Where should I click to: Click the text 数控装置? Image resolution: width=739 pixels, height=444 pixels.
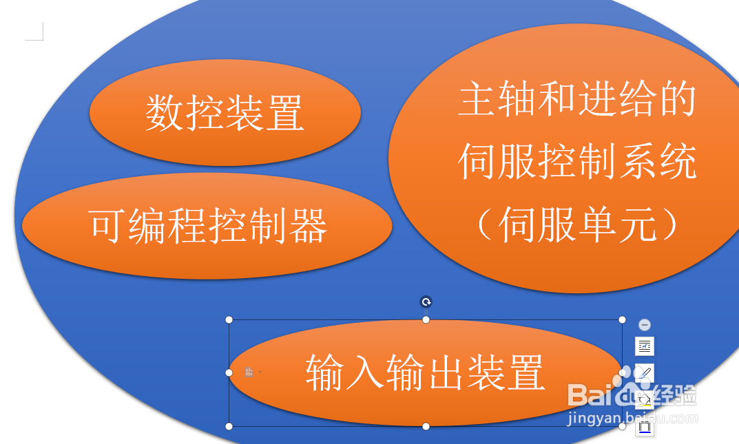click(225, 112)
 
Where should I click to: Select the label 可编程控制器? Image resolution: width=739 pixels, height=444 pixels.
click(207, 226)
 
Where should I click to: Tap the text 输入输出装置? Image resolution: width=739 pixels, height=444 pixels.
click(426, 372)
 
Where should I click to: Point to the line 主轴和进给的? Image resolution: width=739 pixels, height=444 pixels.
click(577, 98)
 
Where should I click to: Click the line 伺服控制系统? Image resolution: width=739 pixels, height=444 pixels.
click(577, 161)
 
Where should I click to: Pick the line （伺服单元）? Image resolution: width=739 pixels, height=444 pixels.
click(577, 224)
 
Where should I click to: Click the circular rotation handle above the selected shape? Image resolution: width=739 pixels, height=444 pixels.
click(426, 302)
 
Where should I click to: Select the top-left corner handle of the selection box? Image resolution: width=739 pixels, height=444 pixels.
click(229, 319)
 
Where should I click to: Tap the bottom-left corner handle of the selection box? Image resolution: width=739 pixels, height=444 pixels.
click(229, 427)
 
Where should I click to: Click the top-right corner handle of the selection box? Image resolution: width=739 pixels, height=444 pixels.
click(622, 319)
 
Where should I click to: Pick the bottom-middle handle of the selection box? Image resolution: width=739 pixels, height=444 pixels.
click(426, 427)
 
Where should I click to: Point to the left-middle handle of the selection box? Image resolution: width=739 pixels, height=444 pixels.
click(229, 372)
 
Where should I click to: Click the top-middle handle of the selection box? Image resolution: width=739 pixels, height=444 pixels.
click(426, 319)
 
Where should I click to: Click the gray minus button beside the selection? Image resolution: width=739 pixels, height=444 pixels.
click(644, 324)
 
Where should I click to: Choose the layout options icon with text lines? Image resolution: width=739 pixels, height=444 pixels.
click(644, 346)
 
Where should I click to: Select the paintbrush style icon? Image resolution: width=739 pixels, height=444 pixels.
click(644, 373)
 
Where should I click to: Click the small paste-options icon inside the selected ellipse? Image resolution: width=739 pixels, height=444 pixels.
click(250, 372)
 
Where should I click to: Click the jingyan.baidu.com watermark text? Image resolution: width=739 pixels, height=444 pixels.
click(632, 418)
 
